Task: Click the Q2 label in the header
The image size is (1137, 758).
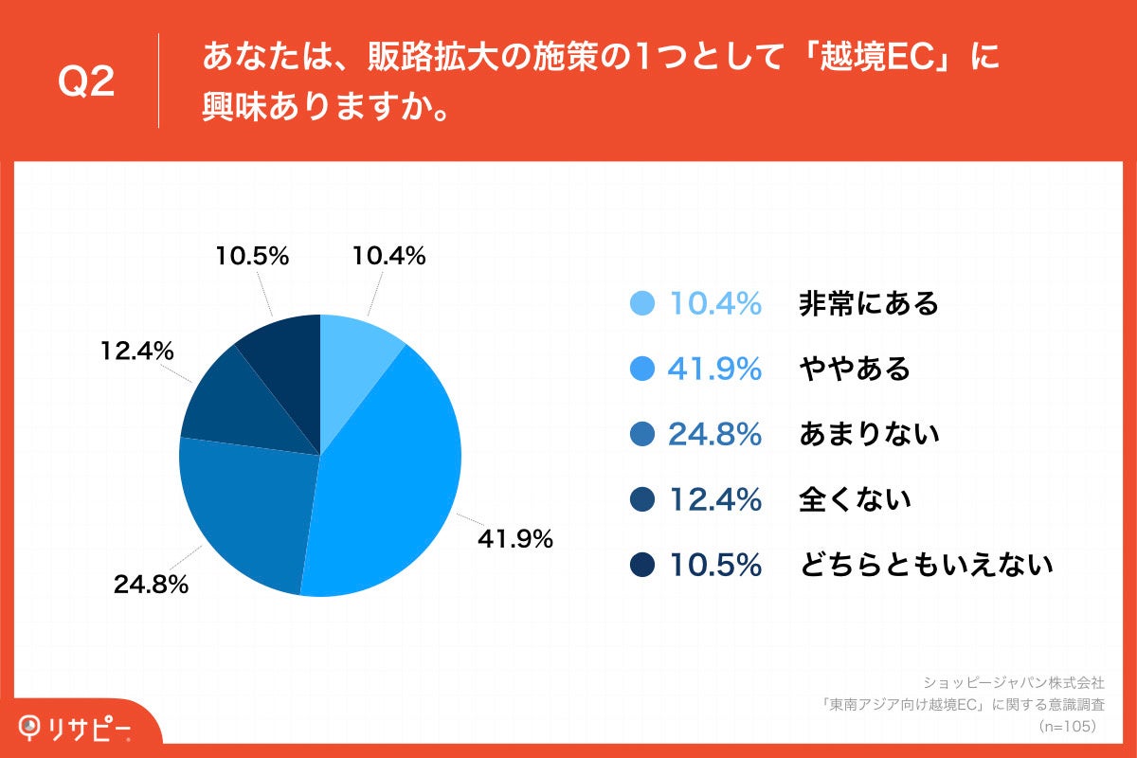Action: click(x=86, y=83)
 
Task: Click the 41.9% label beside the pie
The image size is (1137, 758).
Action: click(x=514, y=540)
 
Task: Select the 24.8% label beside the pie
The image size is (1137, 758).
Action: click(x=151, y=585)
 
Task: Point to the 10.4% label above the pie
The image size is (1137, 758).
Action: click(x=388, y=256)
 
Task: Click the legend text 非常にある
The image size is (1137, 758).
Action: click(x=869, y=303)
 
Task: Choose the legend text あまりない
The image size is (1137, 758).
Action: click(x=869, y=434)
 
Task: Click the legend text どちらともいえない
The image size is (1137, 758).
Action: click(x=926, y=566)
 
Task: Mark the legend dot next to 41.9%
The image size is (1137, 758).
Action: click(x=642, y=369)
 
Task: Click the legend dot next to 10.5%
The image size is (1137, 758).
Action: click(x=642, y=566)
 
